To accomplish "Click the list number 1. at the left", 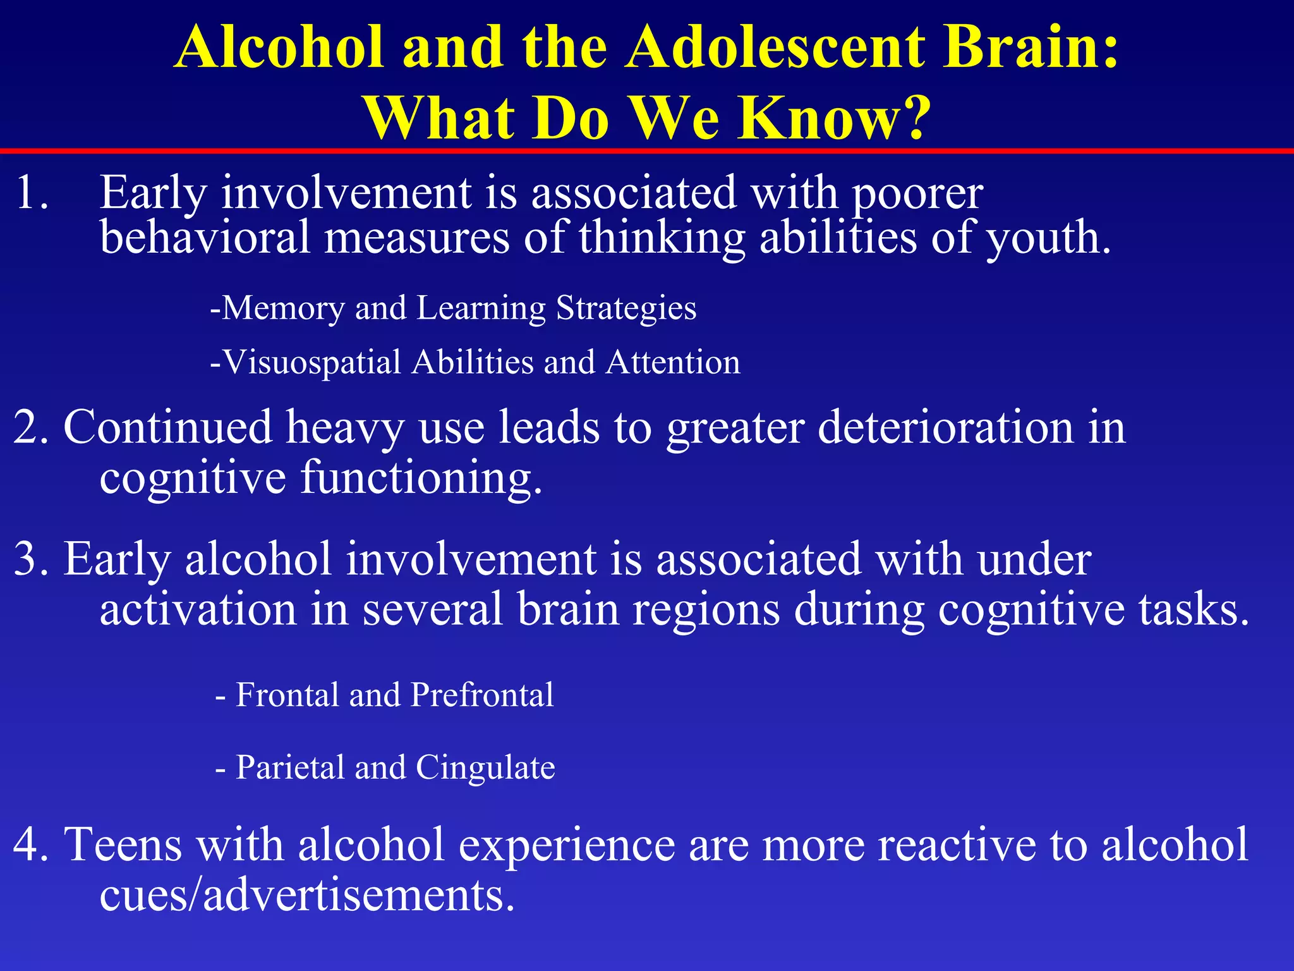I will [32, 192].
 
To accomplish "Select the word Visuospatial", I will [312, 363].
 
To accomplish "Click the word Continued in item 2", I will [167, 427].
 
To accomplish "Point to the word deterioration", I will [945, 427].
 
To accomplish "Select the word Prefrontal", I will [481, 695].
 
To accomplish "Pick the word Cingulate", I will [485, 768].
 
